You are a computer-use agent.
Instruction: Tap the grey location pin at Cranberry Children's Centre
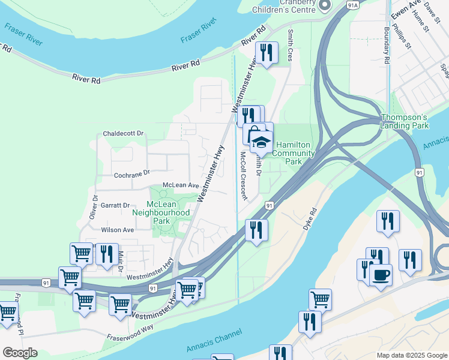pyautogui.click(x=325, y=5)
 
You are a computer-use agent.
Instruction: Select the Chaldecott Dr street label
pyautogui.click(x=124, y=133)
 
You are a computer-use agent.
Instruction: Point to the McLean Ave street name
pyautogui.click(x=181, y=186)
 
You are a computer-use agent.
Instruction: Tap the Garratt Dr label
pyautogui.click(x=115, y=205)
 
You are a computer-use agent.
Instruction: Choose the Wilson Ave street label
pyautogui.click(x=118, y=230)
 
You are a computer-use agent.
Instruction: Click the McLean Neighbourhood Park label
pyautogui.click(x=160, y=212)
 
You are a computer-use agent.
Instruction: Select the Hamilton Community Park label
pyautogui.click(x=294, y=154)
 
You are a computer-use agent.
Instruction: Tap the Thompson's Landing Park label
pyautogui.click(x=405, y=121)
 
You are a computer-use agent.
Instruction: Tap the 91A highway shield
pyautogui.click(x=353, y=4)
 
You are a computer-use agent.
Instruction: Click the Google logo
pyautogui.click(x=20, y=353)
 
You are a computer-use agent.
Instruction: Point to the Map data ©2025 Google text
pyautogui.click(x=411, y=355)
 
